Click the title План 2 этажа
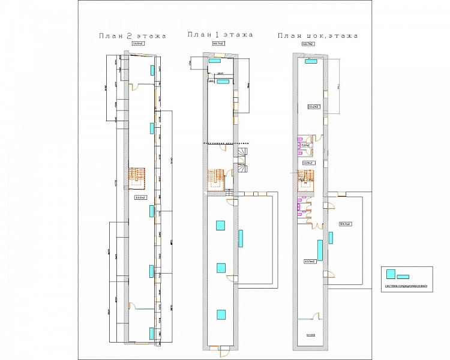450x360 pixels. tap(133, 37)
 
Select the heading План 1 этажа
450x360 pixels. tap(220, 35)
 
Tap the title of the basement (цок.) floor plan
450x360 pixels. tap(317, 36)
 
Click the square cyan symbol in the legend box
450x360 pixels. tap(391, 274)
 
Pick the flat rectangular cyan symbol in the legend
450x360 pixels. tap(403, 277)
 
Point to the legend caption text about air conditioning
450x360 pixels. tap(406, 286)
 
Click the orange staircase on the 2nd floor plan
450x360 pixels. tap(139, 176)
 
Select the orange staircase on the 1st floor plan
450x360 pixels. tap(216, 178)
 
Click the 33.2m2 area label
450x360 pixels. tap(313, 107)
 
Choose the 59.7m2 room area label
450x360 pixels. tap(345, 224)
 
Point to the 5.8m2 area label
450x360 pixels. tap(305, 145)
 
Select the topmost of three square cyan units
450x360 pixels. tap(220, 226)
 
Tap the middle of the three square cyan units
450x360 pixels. tap(221, 268)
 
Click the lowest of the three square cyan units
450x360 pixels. tap(221, 313)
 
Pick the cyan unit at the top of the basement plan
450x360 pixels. tap(311, 61)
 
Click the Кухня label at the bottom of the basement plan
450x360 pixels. tap(310, 335)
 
